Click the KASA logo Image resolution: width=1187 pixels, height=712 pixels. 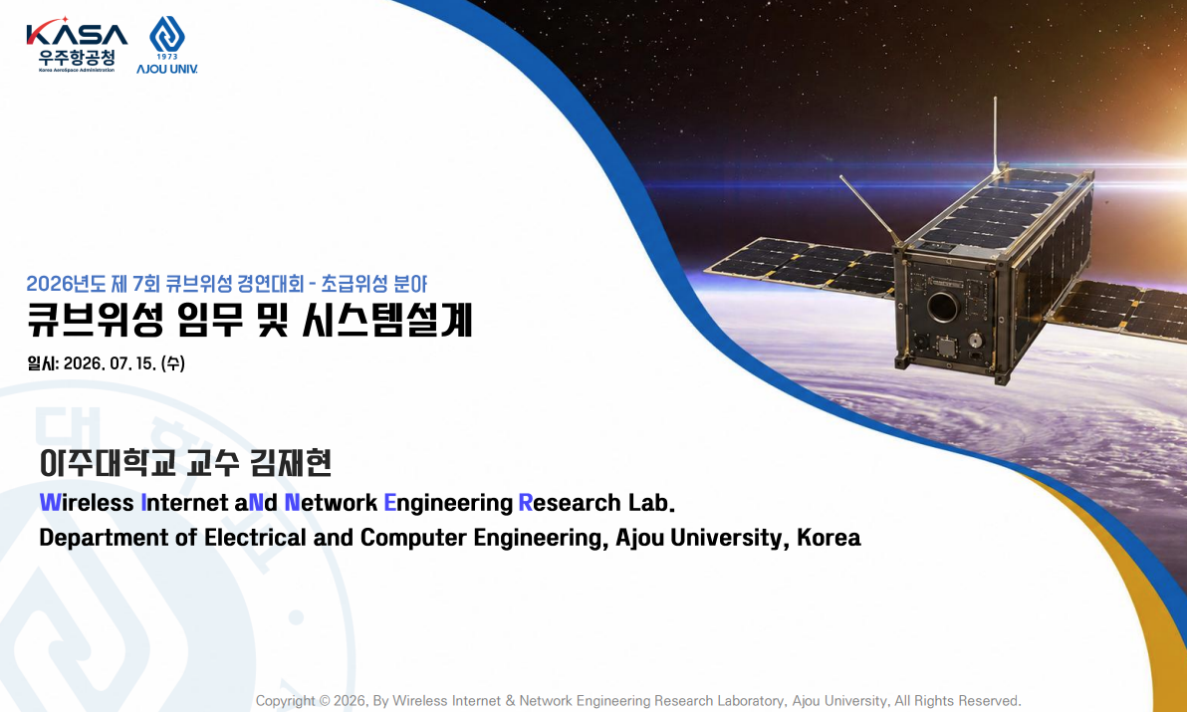pos(77,44)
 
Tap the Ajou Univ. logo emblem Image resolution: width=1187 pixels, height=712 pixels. pos(166,34)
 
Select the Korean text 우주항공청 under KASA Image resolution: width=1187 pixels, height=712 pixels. pos(78,57)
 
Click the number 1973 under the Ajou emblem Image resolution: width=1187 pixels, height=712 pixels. pos(166,57)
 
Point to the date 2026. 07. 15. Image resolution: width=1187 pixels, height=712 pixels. pos(110,363)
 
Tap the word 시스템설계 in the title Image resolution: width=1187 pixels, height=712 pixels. pos(386,320)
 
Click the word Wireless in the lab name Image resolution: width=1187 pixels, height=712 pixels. pos(87,503)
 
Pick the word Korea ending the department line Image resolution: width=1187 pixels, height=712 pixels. pos(829,537)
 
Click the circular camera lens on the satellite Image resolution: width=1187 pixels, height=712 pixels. pos(942,307)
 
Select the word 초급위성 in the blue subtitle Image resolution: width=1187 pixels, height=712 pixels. pos(354,284)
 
